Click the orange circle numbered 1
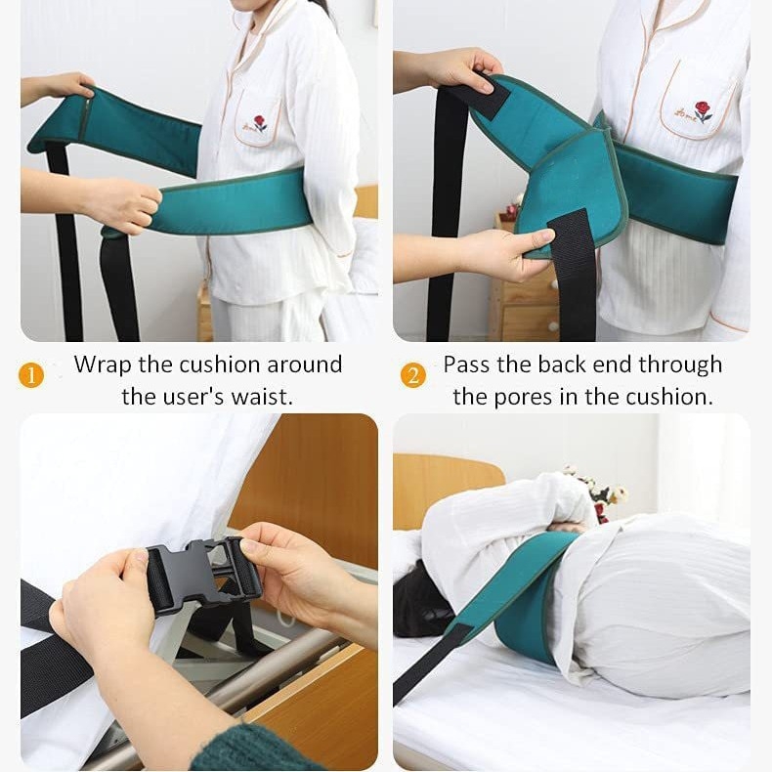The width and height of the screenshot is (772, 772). tap(31, 375)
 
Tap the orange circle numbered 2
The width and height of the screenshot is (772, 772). tap(413, 375)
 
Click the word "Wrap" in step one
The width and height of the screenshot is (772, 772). tap(103, 365)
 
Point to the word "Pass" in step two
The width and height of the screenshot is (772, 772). tap(468, 365)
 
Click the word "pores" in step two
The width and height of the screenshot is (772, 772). tap(523, 398)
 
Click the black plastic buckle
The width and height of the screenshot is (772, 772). tap(203, 576)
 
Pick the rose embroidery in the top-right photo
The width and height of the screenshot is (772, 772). tap(698, 112)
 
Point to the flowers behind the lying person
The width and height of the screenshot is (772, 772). tap(598, 493)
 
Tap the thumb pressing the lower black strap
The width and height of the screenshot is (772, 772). tap(538, 236)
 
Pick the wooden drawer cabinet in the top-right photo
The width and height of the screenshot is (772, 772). tap(527, 300)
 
